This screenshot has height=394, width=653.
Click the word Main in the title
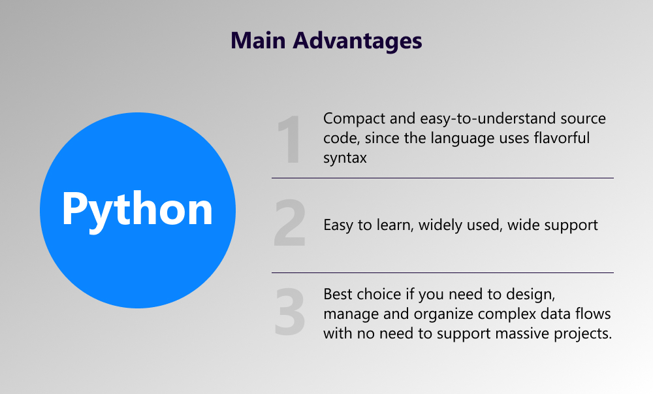point(258,41)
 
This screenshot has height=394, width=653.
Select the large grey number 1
point(289,140)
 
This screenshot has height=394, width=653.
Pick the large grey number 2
point(289,223)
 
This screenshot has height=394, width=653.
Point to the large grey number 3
point(289,311)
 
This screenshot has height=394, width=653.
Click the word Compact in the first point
point(355,119)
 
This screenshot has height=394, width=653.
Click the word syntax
point(345,158)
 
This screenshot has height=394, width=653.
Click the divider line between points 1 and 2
point(443,178)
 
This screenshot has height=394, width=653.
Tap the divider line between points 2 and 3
point(443,273)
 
